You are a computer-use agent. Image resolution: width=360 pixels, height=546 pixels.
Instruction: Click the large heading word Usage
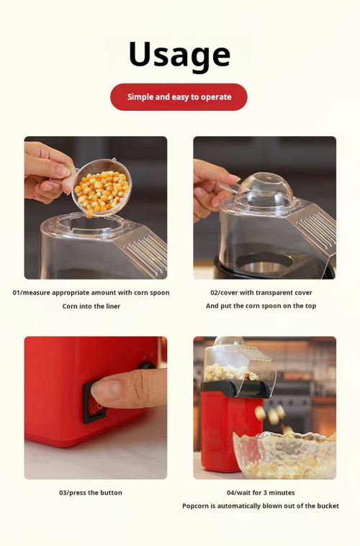(179, 55)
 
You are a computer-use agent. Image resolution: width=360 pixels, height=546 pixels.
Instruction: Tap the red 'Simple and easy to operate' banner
(179, 97)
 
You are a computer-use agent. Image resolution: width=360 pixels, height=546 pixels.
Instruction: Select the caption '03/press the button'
(91, 493)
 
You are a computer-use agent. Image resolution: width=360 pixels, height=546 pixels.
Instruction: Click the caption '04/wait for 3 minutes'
(261, 493)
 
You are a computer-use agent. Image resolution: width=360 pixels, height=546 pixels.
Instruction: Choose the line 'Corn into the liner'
(91, 306)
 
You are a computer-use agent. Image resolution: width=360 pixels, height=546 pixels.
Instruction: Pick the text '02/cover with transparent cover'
(261, 292)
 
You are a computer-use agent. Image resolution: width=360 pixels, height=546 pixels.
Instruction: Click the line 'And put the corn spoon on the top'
(261, 305)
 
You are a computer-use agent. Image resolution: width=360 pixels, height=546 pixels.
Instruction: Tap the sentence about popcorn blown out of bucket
(261, 506)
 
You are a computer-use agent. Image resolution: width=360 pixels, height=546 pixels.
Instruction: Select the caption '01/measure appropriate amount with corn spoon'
(91, 292)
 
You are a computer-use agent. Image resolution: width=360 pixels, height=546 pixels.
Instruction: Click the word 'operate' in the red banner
(216, 97)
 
